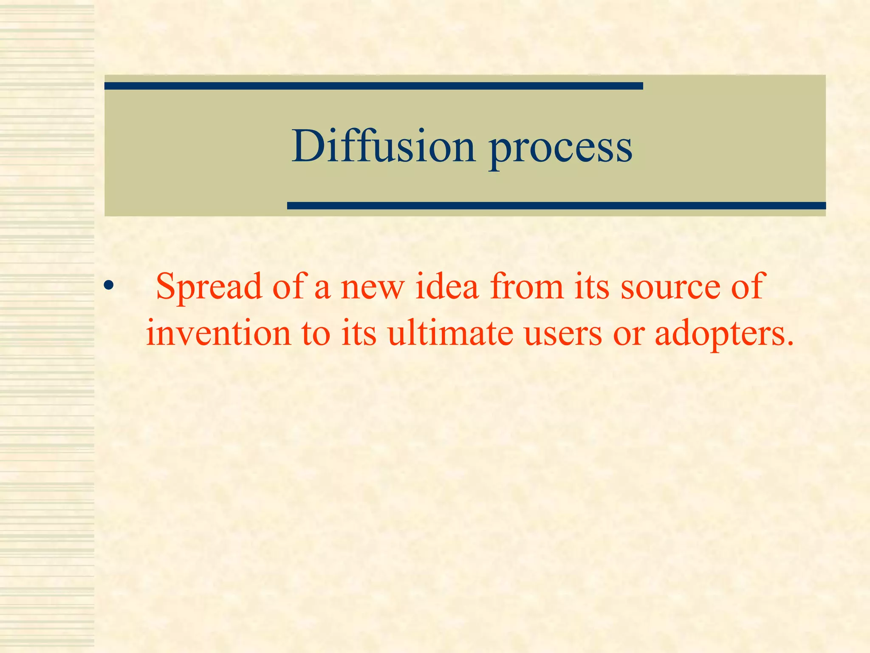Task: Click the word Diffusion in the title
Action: click(383, 146)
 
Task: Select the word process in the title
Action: click(560, 149)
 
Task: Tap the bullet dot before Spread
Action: click(108, 285)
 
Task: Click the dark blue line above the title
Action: click(373, 86)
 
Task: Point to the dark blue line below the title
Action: click(556, 206)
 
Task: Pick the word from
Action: click(526, 287)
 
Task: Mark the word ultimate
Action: click(450, 333)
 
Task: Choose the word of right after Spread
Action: click(288, 287)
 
